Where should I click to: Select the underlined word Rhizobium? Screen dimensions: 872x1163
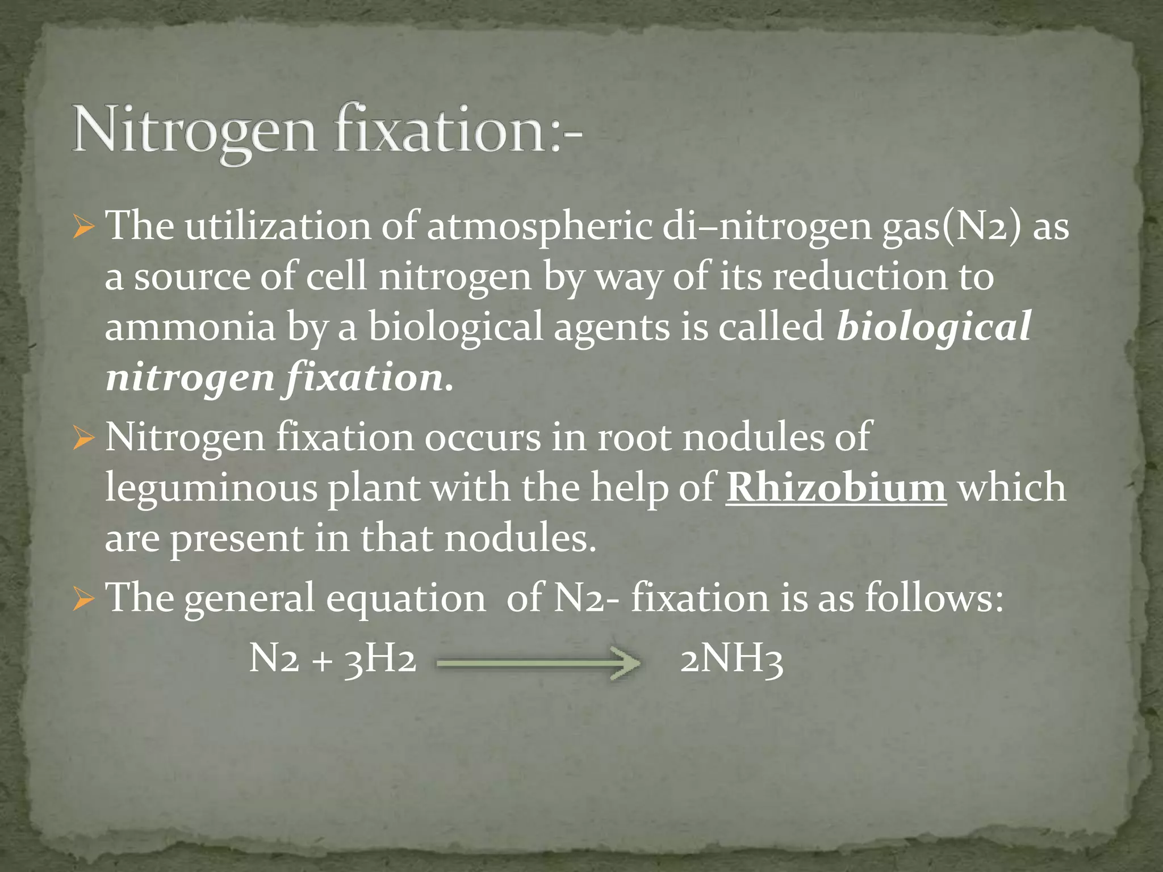coord(836,487)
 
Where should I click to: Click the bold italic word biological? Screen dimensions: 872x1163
coord(934,327)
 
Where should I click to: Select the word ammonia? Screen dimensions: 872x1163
coord(190,328)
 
